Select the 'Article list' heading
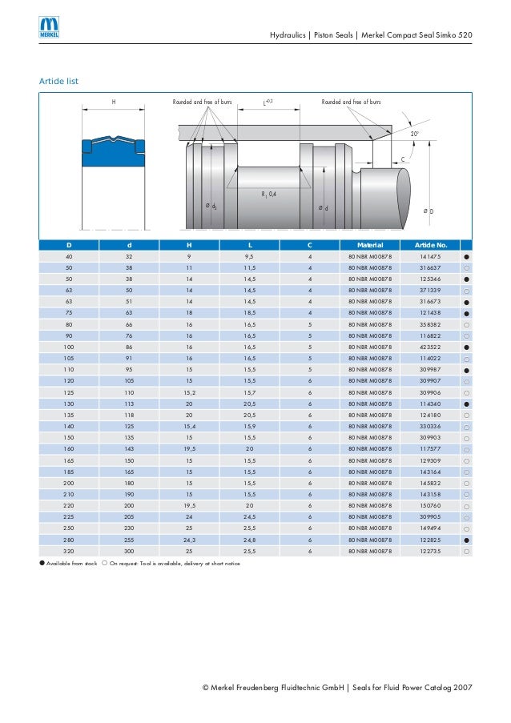58,81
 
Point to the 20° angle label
415,134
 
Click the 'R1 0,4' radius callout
268,195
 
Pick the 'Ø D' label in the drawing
429,211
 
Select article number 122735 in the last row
430,552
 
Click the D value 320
69,552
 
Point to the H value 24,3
190,540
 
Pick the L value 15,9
250,427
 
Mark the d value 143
129,449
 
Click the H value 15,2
190,392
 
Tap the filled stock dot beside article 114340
465,404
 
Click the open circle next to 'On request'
105,564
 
